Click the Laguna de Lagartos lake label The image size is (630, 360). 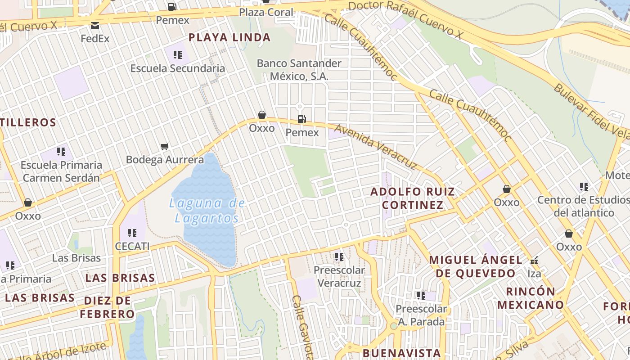(x=207, y=211)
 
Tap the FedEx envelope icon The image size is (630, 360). (x=95, y=26)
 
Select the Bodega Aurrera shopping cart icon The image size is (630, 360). (x=164, y=146)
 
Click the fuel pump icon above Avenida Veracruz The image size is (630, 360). (x=301, y=119)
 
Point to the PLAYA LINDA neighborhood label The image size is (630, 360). (x=229, y=37)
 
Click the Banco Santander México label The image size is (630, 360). (x=299, y=70)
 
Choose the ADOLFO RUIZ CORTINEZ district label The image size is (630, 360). (x=412, y=198)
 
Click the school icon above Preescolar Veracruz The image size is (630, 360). (x=339, y=256)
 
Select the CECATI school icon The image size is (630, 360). (x=132, y=233)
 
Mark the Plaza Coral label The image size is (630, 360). (x=266, y=12)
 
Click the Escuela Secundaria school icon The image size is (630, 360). (x=177, y=55)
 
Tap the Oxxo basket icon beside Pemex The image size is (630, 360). (x=262, y=115)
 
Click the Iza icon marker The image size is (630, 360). (x=534, y=260)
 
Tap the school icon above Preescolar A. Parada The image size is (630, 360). (x=421, y=296)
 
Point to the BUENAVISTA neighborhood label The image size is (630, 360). (x=401, y=352)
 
